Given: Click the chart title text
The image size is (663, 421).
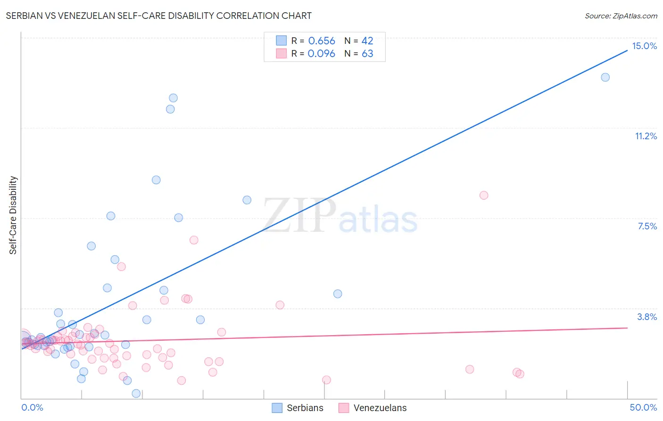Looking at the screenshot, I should (x=158, y=16).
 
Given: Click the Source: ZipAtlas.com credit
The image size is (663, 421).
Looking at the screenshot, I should (x=621, y=16).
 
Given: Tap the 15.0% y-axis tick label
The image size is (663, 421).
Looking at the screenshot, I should (x=644, y=46).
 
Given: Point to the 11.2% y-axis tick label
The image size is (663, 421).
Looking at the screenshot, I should (x=646, y=136).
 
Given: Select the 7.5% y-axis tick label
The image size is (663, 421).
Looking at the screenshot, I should (x=647, y=226).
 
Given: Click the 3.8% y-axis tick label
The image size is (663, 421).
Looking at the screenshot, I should (x=647, y=317).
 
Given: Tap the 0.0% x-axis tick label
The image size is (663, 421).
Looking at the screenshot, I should (x=32, y=407).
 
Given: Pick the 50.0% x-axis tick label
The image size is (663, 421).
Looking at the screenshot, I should (x=643, y=407).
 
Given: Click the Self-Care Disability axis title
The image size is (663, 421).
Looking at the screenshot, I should (x=13, y=215).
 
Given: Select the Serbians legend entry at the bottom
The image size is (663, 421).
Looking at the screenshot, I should (x=298, y=408).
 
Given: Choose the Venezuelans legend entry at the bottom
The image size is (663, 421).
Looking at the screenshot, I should (x=373, y=408).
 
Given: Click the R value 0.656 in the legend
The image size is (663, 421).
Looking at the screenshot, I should (x=322, y=41).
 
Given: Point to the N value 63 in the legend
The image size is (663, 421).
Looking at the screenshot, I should (x=367, y=54).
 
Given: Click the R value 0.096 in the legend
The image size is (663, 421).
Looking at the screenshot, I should (x=322, y=54).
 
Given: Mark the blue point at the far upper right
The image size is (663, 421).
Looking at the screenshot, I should (x=605, y=77).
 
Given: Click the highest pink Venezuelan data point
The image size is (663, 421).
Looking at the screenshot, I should (x=483, y=195).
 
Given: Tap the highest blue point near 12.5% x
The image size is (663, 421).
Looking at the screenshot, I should (x=173, y=98).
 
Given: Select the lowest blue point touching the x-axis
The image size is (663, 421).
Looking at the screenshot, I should (x=136, y=394).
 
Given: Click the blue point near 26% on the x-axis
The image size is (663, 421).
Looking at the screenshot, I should (x=338, y=294).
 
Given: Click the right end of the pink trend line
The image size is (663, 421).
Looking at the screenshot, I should (x=627, y=328).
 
